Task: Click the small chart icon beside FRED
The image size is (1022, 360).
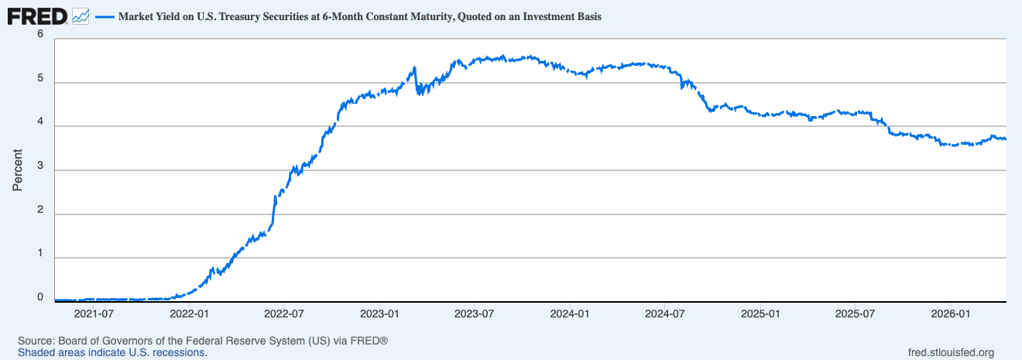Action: [x=81, y=15]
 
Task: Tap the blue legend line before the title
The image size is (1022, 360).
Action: [x=104, y=16]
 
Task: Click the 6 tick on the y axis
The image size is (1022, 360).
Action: [x=40, y=33]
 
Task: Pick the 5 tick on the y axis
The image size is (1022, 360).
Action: [x=40, y=77]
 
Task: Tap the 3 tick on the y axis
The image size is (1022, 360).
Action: [x=40, y=165]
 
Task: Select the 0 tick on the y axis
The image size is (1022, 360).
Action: [x=40, y=297]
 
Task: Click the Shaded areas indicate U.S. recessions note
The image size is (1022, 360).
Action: [x=112, y=352]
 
